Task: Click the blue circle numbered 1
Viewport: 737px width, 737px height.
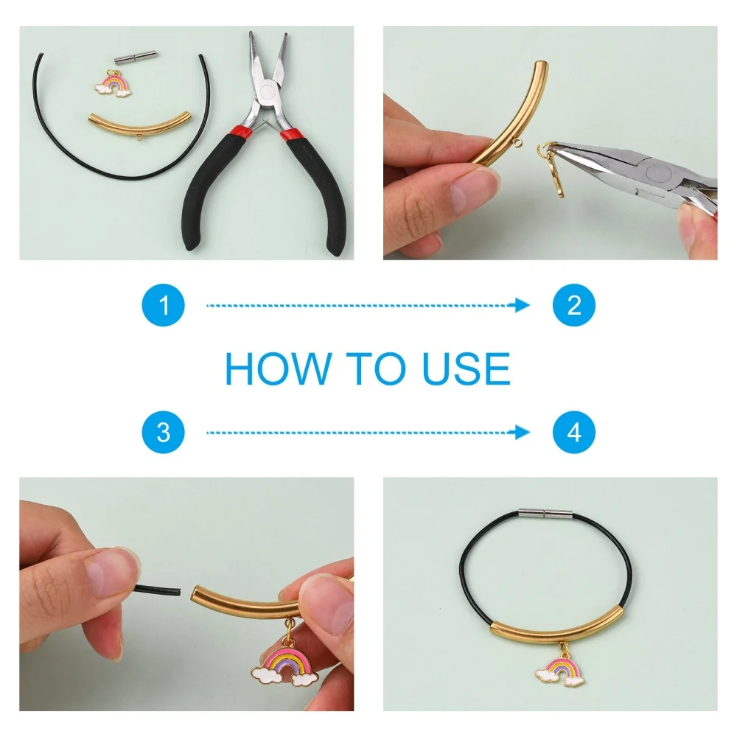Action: coord(163,305)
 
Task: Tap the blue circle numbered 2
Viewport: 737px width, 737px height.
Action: coord(574,305)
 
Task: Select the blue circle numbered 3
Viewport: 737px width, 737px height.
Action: coord(163,433)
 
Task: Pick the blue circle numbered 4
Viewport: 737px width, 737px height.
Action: coord(574,433)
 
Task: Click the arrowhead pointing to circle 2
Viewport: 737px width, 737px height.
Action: coord(522,305)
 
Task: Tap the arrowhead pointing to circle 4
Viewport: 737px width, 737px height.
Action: coord(522,433)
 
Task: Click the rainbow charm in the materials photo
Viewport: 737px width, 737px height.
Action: coord(113,85)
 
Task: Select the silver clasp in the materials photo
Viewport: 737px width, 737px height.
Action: coord(136,59)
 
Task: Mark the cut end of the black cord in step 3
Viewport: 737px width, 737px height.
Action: coord(179,591)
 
